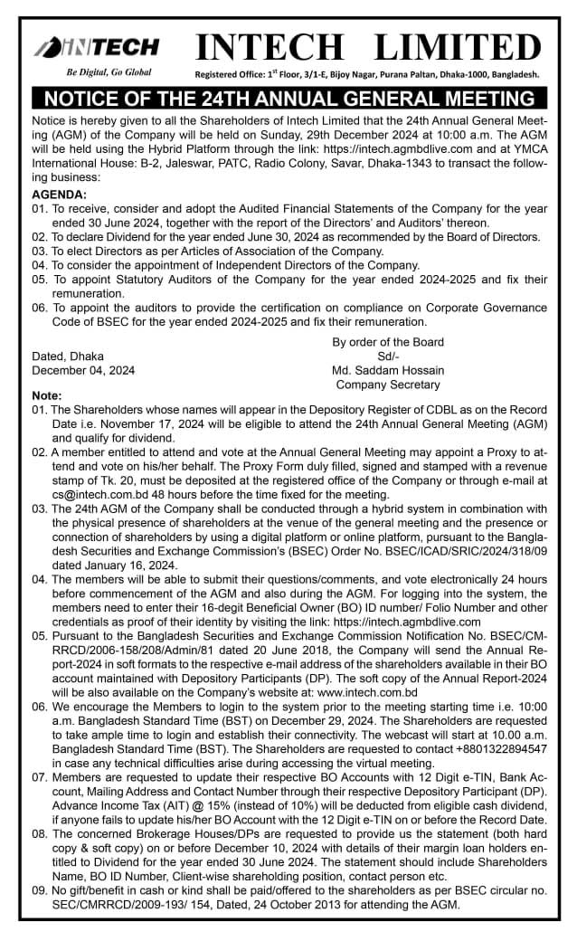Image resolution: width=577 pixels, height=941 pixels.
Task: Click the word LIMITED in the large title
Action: click(x=457, y=46)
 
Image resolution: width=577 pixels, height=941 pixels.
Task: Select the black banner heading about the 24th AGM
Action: click(x=288, y=99)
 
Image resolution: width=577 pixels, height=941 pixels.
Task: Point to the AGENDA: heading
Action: click(x=60, y=195)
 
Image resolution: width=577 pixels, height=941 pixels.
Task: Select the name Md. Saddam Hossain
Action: click(x=388, y=370)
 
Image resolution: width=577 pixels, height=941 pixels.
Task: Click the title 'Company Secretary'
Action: click(x=388, y=384)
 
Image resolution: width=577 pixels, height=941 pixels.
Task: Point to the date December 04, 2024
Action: click(x=83, y=370)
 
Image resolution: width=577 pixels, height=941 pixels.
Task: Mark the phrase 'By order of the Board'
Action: click(x=388, y=342)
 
